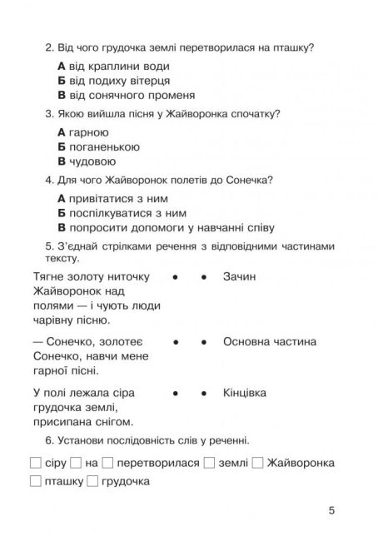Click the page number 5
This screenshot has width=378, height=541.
point(331,510)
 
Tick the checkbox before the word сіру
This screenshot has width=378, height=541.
point(34,463)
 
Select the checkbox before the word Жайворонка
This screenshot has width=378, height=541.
point(258,463)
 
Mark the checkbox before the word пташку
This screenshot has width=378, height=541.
point(34,482)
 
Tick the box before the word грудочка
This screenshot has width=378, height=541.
point(92,482)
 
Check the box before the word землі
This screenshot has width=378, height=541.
point(209,463)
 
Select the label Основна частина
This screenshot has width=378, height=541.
point(270,341)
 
